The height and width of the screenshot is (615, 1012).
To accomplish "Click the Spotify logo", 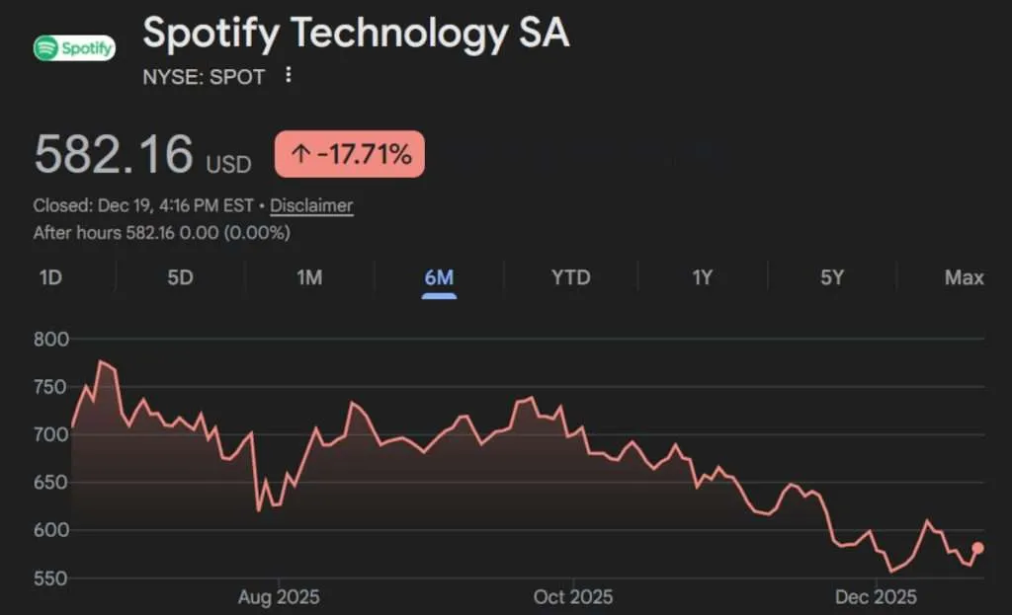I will pos(74,47).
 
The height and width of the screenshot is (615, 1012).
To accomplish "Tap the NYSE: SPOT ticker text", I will pos(204,77).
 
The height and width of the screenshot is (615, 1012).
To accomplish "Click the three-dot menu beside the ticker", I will pos(288,75).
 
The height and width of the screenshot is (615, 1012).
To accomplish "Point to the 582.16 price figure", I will pos(114,155).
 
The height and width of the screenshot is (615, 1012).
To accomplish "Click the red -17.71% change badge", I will pos(350,154).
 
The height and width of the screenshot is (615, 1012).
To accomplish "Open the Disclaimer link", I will pos(311,205).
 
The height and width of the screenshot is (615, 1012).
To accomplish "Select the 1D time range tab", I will pos(50,277).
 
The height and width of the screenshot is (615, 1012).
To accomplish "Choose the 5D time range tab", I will pos(180,277).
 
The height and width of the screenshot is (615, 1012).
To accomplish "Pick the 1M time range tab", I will pos(309,277).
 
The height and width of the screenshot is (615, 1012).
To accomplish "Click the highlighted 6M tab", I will pos(439,277).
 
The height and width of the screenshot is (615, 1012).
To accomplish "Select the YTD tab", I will pos(570,277).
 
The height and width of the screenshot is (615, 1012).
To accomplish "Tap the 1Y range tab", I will pos(702,277).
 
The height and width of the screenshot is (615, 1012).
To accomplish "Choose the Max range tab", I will pos(964,277).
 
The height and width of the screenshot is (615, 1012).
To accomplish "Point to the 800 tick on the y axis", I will pos(51,340).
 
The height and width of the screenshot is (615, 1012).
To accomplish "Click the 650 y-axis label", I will pos(51,483).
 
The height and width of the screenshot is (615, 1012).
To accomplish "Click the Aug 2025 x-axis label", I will pos(279,597).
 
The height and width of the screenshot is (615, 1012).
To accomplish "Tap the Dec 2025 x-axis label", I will pos(876,597).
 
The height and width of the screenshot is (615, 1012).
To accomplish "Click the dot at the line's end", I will pos(977,548).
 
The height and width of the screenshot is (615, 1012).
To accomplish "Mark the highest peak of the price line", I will pos(101,362).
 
